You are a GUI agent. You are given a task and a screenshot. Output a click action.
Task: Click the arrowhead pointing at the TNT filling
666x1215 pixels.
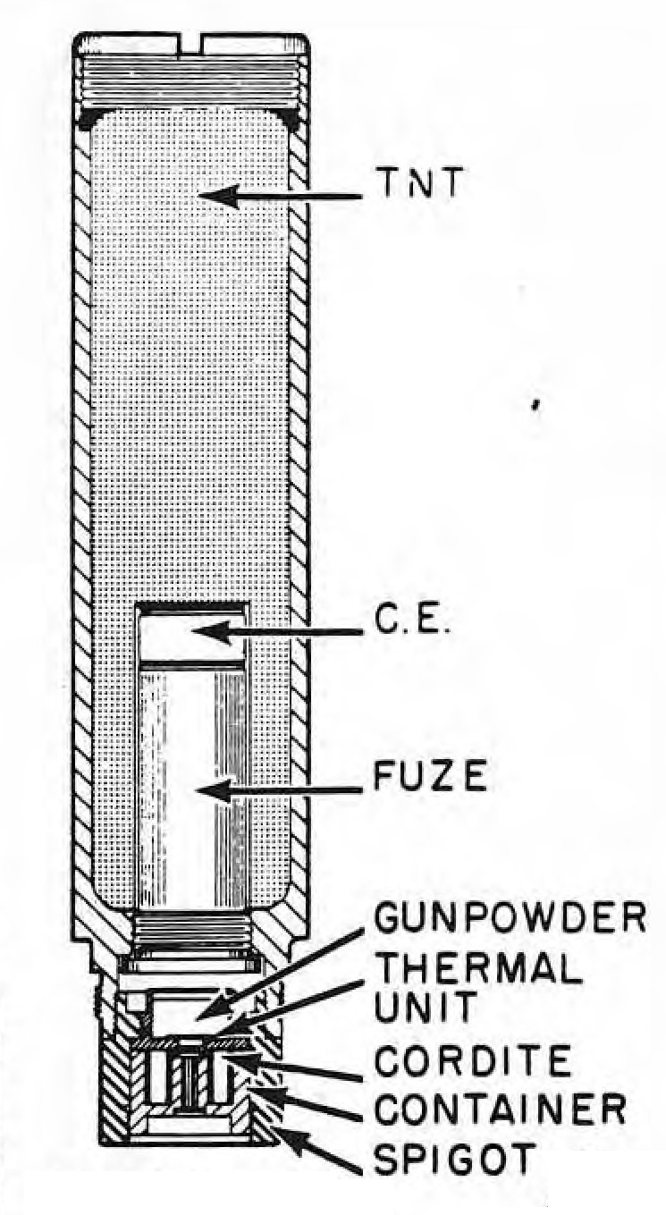220,196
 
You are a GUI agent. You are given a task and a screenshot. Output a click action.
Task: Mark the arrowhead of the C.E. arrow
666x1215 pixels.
213,631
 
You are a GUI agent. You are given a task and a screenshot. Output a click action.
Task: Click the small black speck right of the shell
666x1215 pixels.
536,403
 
